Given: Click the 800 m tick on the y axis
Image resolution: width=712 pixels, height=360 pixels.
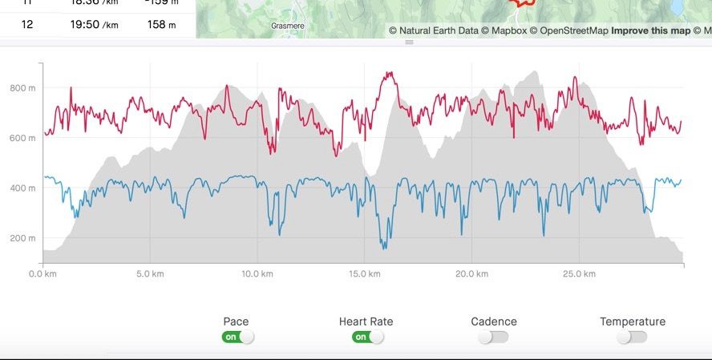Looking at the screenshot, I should [x=22, y=88].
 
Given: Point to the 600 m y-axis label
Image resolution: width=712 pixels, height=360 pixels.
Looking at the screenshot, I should [x=22, y=138].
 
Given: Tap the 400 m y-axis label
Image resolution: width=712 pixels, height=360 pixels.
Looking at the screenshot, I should [x=22, y=188].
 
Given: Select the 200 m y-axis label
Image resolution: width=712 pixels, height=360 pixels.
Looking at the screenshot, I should [x=22, y=238].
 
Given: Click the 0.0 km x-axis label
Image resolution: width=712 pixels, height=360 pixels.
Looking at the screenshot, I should [x=42, y=274].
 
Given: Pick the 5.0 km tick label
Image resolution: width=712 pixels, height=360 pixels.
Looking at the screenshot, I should [x=150, y=274].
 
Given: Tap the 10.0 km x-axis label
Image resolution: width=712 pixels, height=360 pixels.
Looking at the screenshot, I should [x=257, y=274].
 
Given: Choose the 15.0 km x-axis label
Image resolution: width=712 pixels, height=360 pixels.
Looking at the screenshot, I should [x=364, y=274].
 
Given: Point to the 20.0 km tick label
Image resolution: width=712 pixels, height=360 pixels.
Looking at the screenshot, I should [x=471, y=274].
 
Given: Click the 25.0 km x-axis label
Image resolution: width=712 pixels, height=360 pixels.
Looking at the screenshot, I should [x=578, y=274].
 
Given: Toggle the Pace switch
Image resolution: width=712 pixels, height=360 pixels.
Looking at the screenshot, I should [x=237, y=337].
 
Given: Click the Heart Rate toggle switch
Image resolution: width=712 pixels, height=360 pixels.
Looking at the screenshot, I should [x=367, y=337].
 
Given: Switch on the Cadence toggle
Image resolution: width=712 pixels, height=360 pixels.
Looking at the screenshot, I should [x=494, y=337].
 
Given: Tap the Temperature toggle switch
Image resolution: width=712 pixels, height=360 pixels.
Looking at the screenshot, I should [x=632, y=337].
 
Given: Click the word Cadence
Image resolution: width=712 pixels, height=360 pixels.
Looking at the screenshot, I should [x=494, y=322].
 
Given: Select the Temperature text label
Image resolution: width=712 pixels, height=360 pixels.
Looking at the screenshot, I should [x=633, y=322].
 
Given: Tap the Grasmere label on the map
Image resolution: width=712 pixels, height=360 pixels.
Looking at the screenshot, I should [x=287, y=26].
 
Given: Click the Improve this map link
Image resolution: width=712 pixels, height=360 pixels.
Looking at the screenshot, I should [x=650, y=31].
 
